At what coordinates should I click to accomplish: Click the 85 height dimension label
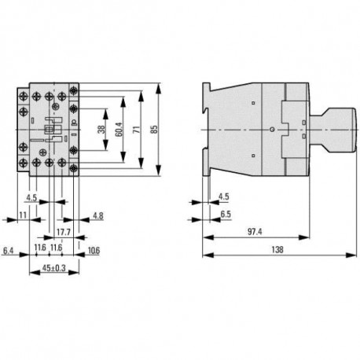155,129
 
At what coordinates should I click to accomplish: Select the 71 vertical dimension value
137,130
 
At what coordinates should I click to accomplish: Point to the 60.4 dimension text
119,130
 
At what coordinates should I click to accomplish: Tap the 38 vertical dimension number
101,130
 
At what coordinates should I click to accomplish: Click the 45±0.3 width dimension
54,268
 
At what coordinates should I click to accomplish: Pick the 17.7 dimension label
64,232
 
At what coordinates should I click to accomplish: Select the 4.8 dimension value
98,216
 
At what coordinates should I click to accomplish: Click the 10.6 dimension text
94,251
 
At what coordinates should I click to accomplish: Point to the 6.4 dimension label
8,251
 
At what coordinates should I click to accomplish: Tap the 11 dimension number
23,215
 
